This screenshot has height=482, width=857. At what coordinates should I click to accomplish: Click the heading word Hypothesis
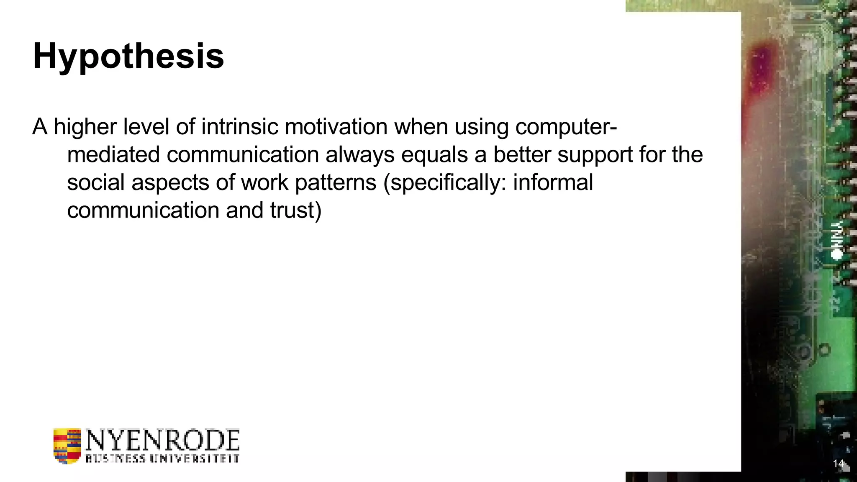point(128,56)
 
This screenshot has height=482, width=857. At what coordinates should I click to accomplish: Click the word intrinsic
point(239,126)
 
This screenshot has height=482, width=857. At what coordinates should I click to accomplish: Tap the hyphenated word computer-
point(566,126)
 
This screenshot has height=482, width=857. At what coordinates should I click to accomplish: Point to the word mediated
point(113,154)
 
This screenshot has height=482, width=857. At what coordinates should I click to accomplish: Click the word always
point(360,154)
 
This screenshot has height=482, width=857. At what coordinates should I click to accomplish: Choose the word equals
point(434,154)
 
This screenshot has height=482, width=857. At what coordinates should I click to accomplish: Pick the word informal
point(553,182)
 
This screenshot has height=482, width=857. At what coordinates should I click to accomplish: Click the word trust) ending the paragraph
point(295,210)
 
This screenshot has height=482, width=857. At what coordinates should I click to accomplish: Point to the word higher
point(85,126)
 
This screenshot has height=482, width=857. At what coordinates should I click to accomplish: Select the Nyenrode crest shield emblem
point(67,446)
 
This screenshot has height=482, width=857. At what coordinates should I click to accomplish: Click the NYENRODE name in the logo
point(163,440)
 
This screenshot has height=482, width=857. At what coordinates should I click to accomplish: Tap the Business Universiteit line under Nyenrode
point(163,458)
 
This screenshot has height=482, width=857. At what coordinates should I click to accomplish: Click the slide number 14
point(838,464)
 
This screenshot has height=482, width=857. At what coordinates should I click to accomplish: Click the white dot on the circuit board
point(836,254)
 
